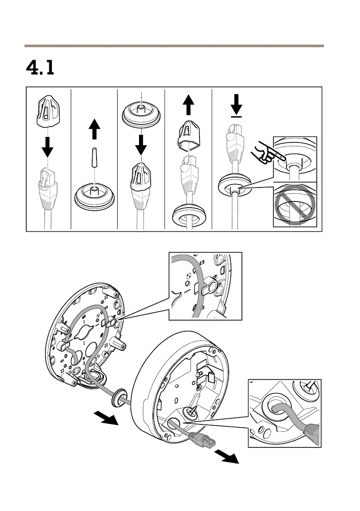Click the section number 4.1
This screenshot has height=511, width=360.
pyautogui.click(x=40, y=68)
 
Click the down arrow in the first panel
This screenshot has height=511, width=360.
pyautogui.click(x=48, y=147)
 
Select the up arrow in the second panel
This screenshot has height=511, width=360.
pyautogui.click(x=94, y=127)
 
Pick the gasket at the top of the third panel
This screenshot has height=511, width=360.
pyautogui.click(x=141, y=115)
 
